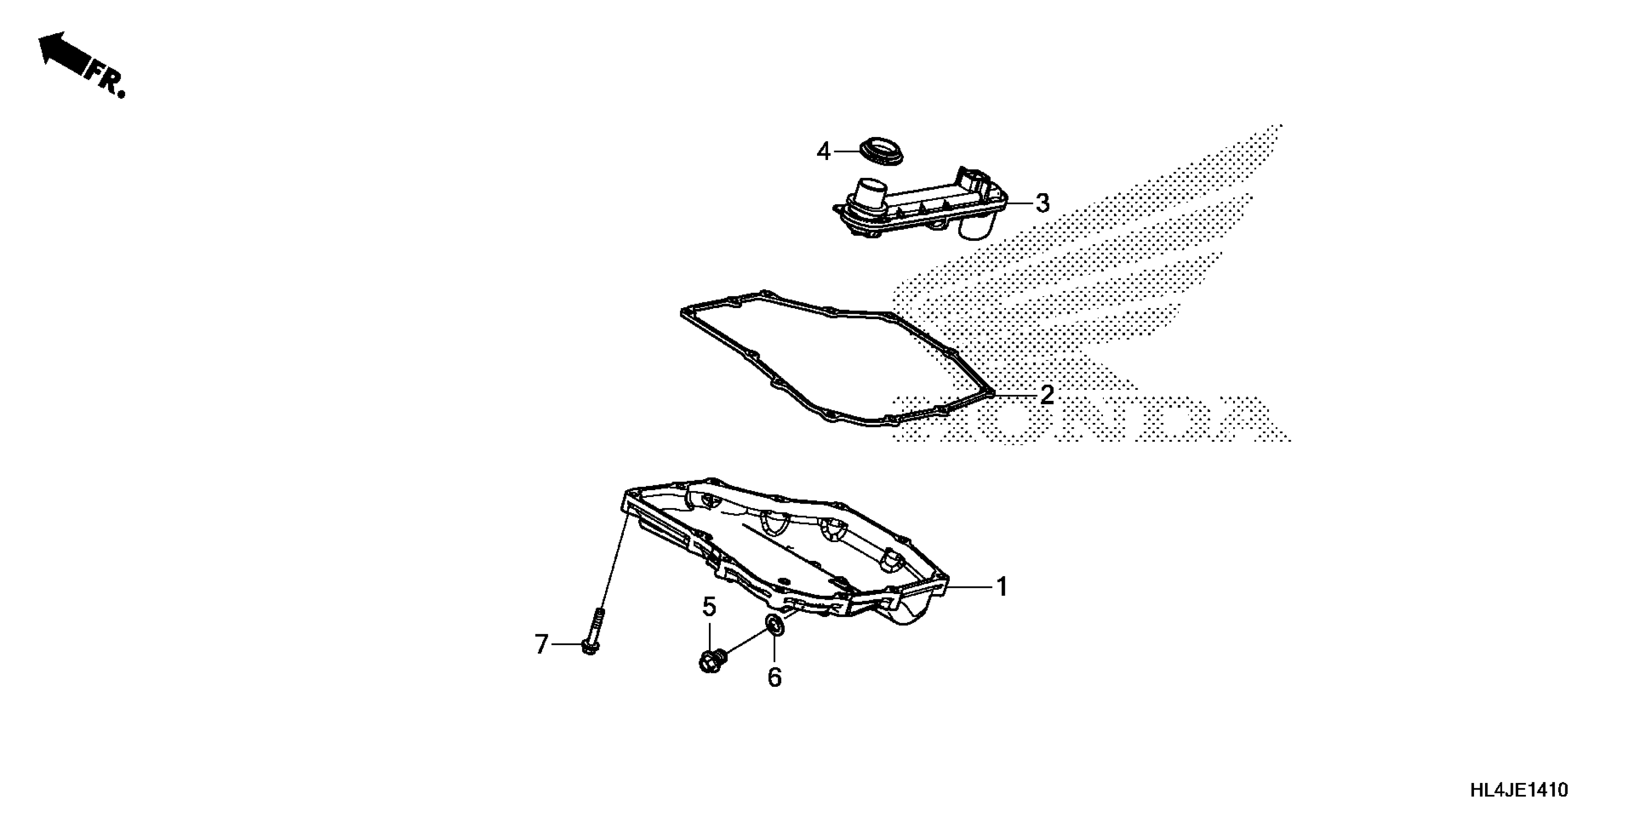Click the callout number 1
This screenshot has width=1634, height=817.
1002,587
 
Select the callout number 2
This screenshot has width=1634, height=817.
1047,395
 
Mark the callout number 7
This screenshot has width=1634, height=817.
541,644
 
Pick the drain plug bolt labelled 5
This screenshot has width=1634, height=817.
712,661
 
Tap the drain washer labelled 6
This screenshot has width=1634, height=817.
775,625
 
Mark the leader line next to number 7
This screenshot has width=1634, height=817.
567,644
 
